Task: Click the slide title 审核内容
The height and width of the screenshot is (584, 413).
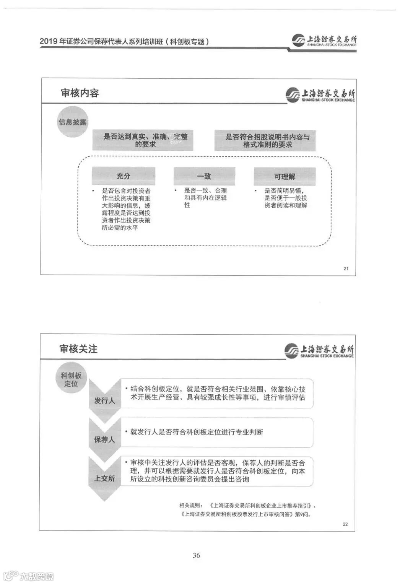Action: coord(80,93)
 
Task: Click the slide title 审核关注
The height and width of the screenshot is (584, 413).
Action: coord(78,348)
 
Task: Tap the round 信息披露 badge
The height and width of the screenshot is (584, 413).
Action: coord(72,122)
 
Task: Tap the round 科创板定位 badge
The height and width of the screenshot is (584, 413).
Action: coord(71,379)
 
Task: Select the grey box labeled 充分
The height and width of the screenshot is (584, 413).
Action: coord(123,176)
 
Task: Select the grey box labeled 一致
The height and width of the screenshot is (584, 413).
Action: coord(204,176)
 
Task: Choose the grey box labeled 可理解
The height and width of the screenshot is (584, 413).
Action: coord(285,176)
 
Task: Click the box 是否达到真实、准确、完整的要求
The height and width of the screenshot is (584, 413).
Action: coord(143,140)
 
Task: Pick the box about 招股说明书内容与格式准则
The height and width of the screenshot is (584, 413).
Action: coord(265,140)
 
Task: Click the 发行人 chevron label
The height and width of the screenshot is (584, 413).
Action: coord(104,400)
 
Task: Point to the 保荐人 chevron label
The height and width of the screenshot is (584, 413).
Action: coord(104,439)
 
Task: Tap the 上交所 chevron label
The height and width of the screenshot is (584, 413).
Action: coord(104,478)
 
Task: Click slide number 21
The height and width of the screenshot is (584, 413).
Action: coord(346,268)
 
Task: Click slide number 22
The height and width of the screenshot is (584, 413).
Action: coord(345,524)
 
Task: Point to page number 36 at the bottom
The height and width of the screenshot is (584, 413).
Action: coord(196,555)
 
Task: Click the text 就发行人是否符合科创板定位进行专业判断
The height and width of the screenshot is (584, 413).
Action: coord(197,432)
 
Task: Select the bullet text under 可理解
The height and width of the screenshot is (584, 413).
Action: coord(286,198)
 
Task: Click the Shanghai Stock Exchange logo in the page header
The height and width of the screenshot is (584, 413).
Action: coord(324,41)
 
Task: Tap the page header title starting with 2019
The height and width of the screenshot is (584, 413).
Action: coord(124,41)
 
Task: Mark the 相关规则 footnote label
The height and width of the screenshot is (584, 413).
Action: coord(190,505)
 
